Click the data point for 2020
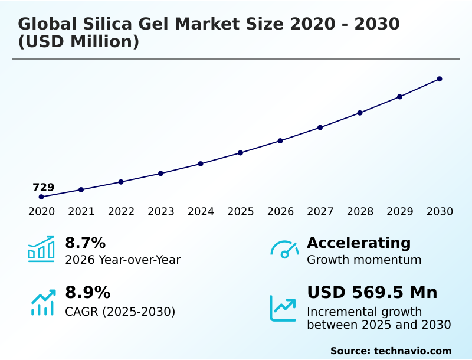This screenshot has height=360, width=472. coord(41,197)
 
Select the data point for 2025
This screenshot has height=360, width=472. coord(241,153)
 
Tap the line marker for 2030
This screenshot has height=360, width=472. coord(440,79)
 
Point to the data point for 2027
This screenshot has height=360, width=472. coord(320,127)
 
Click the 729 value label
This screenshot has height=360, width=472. coord(43,187)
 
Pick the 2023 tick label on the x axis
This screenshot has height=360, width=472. coord(160,211)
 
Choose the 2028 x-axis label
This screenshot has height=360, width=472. coord(360,211)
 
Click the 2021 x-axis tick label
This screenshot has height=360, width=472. coord(81,211)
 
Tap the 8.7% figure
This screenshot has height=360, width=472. coord(85,243)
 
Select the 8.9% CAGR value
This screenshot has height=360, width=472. coord(87,293)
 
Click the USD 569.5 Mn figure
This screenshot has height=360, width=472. coord(372,293)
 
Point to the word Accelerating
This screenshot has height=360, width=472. coord(359,243)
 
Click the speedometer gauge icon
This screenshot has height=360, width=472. coord(284,249)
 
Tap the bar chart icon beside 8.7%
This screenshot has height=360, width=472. coord(41,249)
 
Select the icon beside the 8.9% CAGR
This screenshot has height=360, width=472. coord(42,302)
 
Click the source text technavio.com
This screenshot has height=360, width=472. coord(412,351)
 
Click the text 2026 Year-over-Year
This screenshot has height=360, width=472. coord(123,260)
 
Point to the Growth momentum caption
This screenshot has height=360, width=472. coord(364,260)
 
